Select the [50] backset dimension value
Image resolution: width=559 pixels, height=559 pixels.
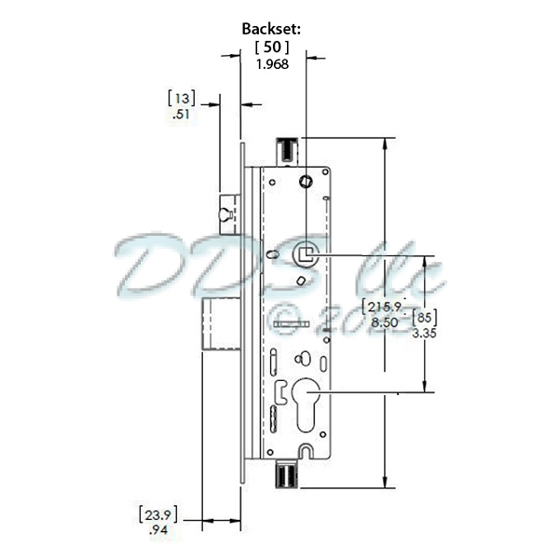tap(272, 47)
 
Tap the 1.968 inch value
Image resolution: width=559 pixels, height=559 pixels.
tap(272, 64)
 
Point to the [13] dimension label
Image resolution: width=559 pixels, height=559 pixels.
tap(181, 98)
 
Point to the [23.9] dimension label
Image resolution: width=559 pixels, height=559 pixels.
tap(157, 513)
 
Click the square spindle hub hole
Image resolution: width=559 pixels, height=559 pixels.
tap(306, 252)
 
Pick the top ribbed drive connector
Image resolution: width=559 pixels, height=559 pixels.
tap(286, 148)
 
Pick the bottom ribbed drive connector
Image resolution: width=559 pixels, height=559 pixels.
tap(286, 474)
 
